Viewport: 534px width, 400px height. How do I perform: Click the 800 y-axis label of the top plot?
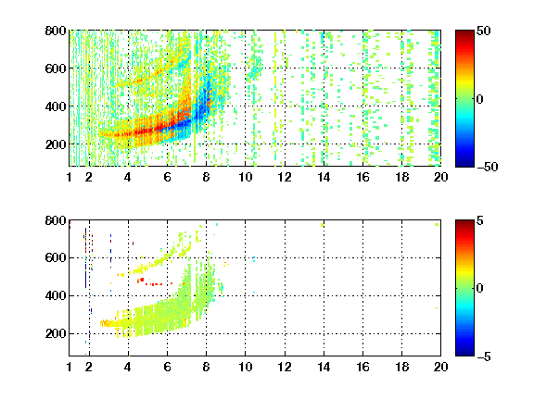[56, 31]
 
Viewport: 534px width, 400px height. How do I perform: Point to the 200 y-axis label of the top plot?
[56, 144]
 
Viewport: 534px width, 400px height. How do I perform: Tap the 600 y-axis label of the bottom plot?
[56, 257]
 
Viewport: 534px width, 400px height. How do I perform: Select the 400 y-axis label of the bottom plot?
[56, 295]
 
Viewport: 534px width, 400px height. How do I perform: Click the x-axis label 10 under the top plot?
[245, 177]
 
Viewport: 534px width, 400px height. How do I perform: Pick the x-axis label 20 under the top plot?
[440, 177]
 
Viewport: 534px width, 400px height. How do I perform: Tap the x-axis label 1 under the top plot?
[70, 177]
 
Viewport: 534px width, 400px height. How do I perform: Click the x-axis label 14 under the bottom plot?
[324, 367]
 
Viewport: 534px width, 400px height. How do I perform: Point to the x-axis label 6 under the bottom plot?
[167, 367]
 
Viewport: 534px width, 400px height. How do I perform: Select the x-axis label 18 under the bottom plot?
[401, 367]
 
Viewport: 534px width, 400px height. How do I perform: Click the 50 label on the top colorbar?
[484, 31]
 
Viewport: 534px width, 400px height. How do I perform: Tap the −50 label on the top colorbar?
[488, 167]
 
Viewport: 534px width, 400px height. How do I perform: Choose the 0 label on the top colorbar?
[480, 99]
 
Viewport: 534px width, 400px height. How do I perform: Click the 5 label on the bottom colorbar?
[480, 220]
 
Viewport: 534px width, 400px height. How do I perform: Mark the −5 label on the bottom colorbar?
[484, 356]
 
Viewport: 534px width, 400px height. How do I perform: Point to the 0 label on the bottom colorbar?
[480, 289]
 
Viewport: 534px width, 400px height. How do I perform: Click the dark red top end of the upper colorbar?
[464, 32]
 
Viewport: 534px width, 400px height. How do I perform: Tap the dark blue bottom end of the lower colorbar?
[464, 354]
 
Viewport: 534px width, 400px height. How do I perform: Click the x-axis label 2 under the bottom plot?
[89, 367]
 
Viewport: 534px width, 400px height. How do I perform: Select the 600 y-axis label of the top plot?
[56, 69]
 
